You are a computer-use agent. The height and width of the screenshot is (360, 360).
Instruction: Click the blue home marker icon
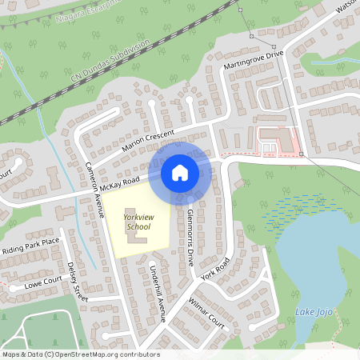point(180,172)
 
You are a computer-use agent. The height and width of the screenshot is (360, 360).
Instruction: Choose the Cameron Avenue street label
point(95,191)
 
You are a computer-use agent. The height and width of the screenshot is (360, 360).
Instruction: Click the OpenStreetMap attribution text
point(80,354)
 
